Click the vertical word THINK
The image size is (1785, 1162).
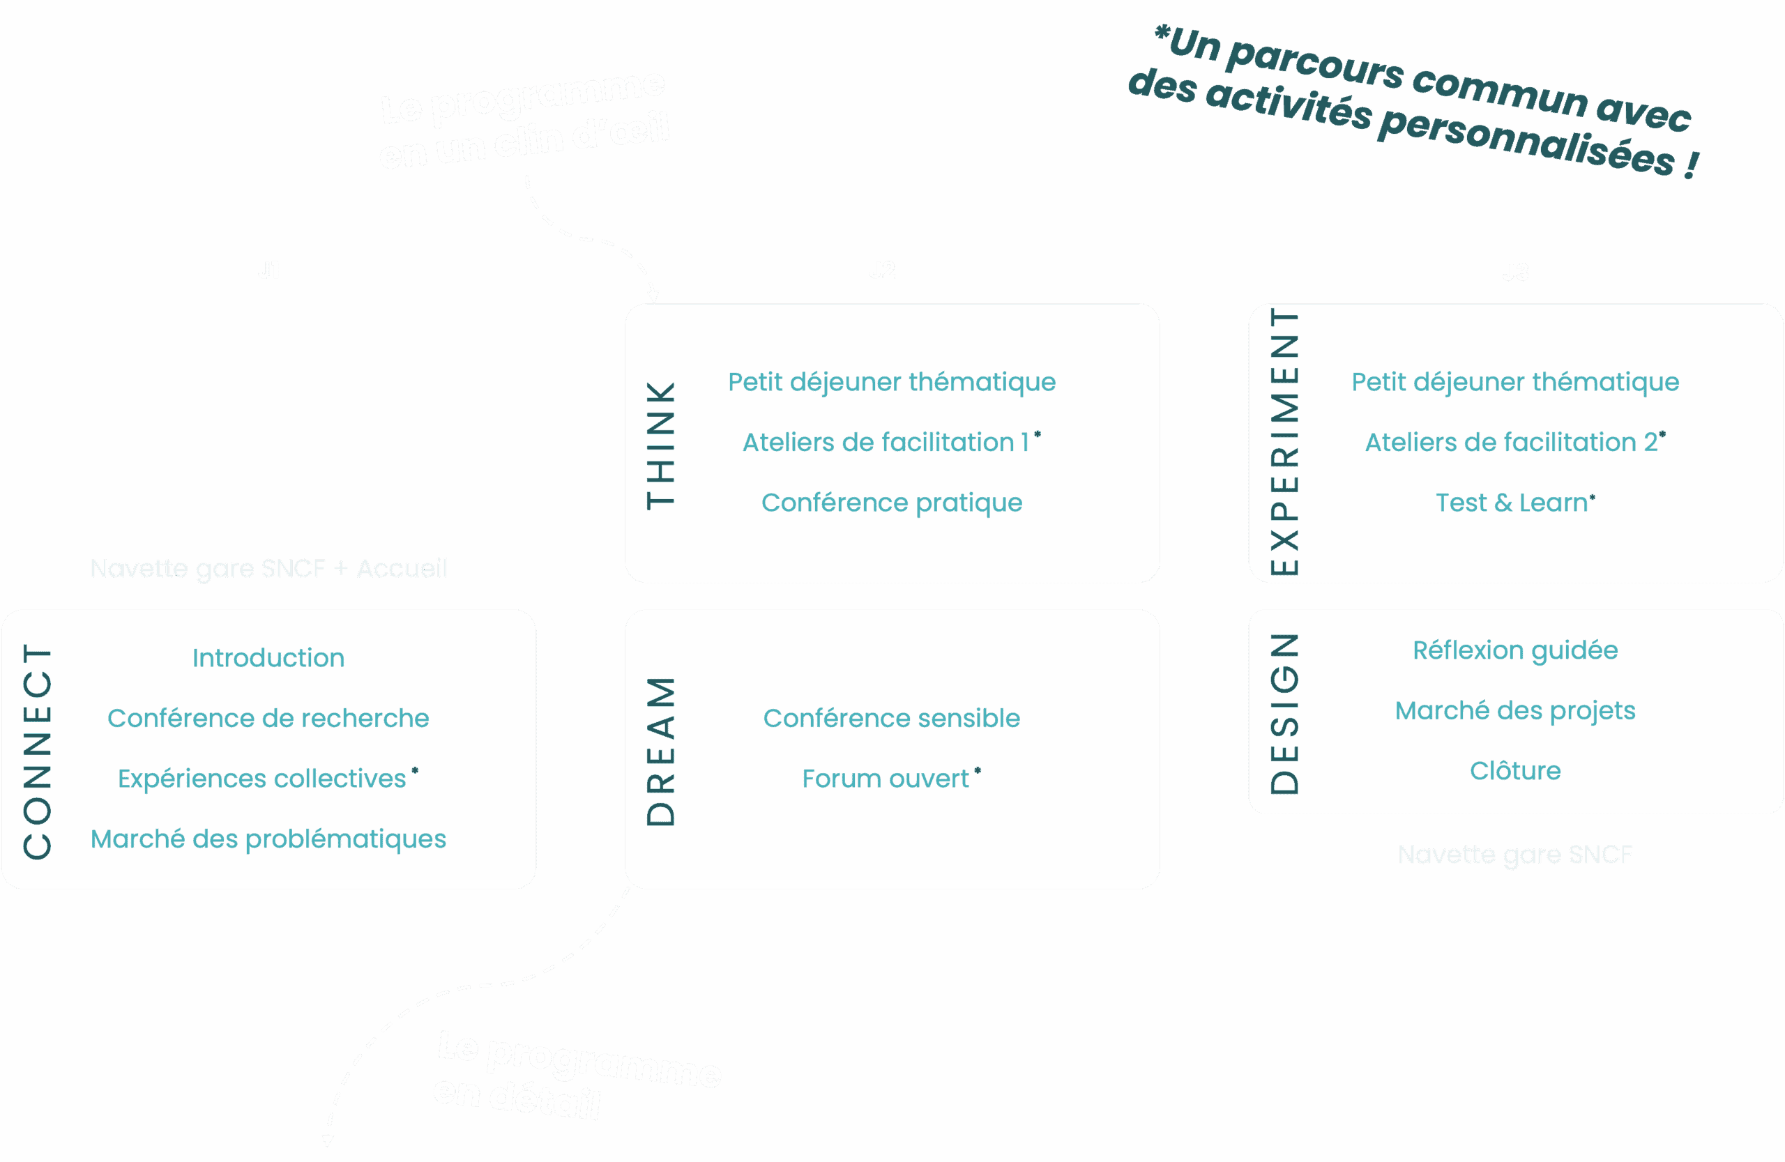[x=661, y=445]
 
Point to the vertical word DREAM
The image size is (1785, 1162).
[x=661, y=751]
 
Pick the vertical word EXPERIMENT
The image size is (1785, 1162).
[x=1284, y=443]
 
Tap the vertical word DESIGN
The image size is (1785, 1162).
[x=1284, y=713]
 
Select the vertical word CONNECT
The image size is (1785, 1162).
[x=38, y=751]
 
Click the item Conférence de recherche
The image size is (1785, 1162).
[x=268, y=718]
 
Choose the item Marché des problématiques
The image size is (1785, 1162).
[x=268, y=839]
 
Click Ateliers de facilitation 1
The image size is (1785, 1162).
[x=885, y=443]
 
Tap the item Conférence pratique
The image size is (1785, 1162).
[x=891, y=503]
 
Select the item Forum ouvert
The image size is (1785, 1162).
[x=885, y=779]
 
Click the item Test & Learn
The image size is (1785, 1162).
[x=1511, y=503]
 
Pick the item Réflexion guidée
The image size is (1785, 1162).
[x=1515, y=650]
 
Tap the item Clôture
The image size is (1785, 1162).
[x=1515, y=771]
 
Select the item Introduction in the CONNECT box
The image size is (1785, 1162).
[x=268, y=657]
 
